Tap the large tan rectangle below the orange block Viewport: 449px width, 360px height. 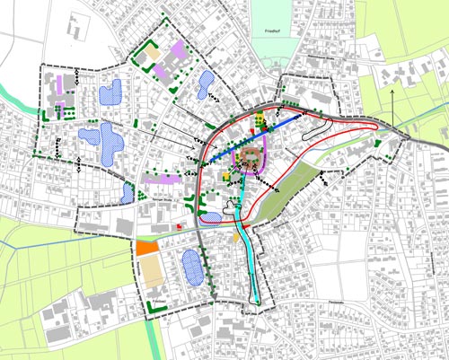155,274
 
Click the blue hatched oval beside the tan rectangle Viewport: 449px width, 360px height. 192,267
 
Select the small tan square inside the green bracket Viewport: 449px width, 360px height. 154,55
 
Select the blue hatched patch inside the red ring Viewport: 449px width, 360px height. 212,216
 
